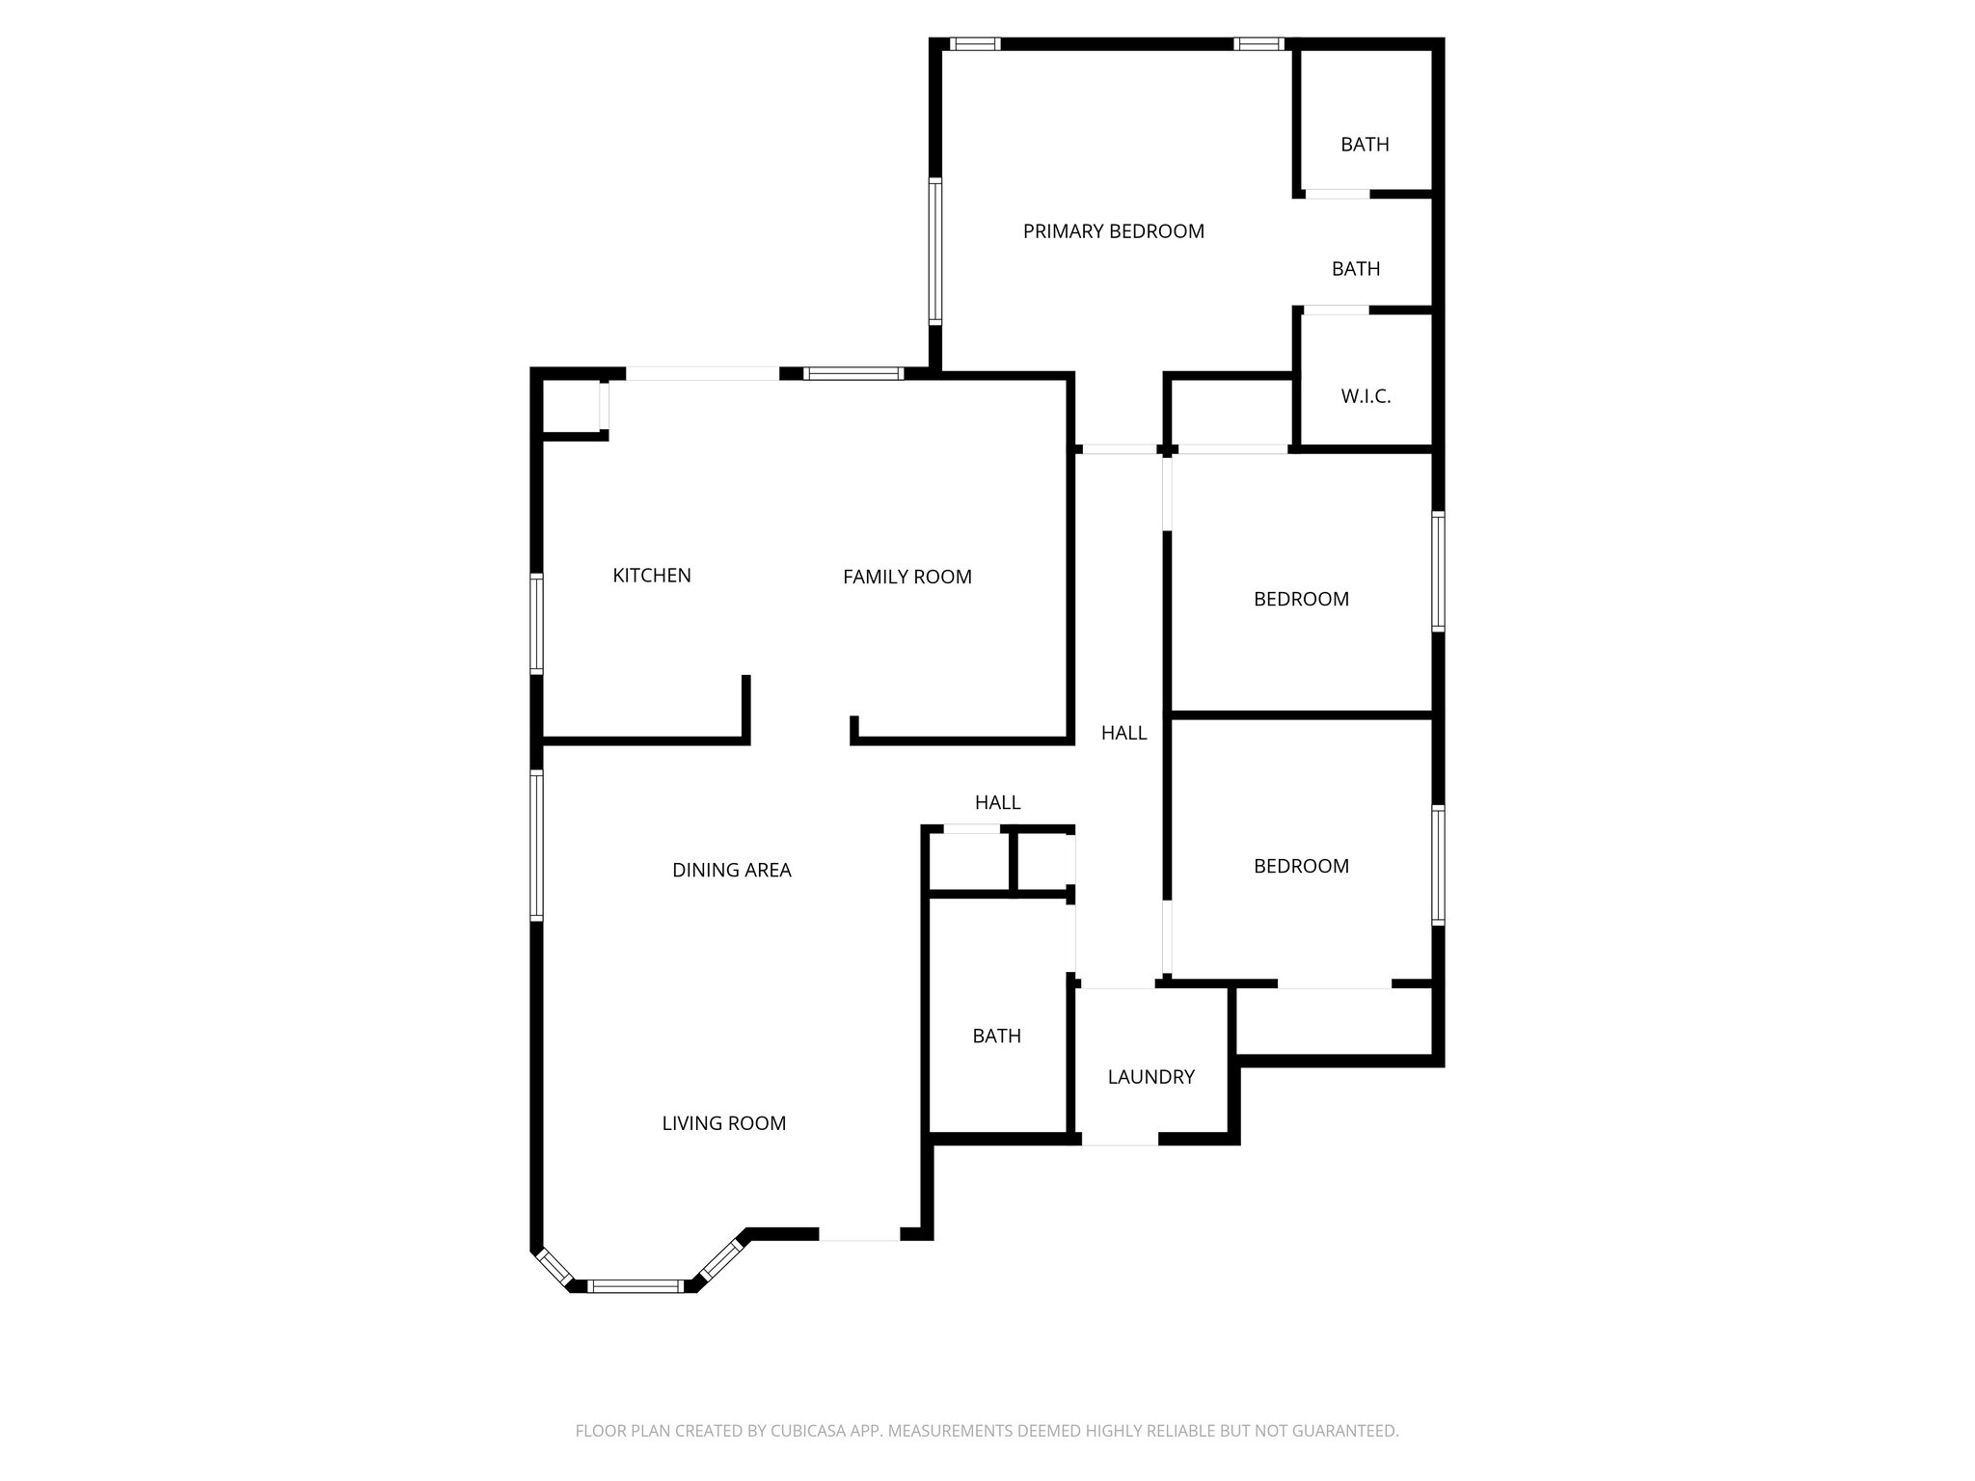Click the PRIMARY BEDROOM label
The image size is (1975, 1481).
(x=1113, y=231)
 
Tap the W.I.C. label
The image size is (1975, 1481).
(x=1366, y=396)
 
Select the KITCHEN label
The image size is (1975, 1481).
(x=652, y=576)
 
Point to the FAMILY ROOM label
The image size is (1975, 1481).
(x=906, y=577)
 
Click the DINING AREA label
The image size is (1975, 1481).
(x=731, y=870)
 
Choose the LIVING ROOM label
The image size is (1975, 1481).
(x=723, y=1123)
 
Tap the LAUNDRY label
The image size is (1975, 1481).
(x=1150, y=1077)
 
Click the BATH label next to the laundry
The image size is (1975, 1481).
(x=996, y=1036)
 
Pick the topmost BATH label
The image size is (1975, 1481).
(x=1365, y=145)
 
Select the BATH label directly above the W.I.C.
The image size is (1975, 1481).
(x=1355, y=269)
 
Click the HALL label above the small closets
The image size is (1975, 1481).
(x=997, y=802)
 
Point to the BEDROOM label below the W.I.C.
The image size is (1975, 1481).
(x=1301, y=599)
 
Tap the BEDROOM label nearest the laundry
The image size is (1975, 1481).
(x=1301, y=866)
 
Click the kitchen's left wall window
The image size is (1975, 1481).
(x=537, y=623)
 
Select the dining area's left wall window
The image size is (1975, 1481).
(x=537, y=845)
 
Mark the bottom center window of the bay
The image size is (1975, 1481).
(x=636, y=1285)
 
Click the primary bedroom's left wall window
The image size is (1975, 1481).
(x=934, y=251)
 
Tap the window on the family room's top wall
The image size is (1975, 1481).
(x=853, y=374)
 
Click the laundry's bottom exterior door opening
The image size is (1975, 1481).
(x=1119, y=1140)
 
